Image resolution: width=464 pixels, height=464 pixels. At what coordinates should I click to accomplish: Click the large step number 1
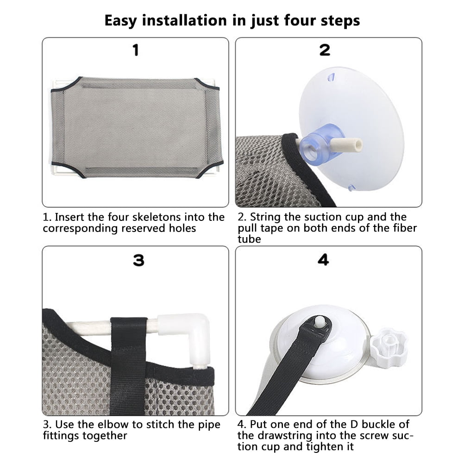(x=136, y=50)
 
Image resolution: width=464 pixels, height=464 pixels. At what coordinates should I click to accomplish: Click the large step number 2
(x=325, y=50)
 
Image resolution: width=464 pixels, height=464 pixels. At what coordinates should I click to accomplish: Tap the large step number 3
(x=138, y=260)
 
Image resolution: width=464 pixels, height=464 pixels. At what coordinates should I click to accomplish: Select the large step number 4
(x=323, y=260)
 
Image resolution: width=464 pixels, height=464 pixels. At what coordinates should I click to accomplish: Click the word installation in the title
(x=184, y=21)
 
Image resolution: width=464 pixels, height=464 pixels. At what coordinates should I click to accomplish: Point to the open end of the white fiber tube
(x=358, y=145)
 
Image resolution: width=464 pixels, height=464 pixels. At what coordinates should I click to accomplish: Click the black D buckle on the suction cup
(x=319, y=326)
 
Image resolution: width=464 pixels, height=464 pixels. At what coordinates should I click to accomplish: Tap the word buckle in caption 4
(x=379, y=424)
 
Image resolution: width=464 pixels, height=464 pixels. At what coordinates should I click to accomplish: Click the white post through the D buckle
(x=320, y=321)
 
